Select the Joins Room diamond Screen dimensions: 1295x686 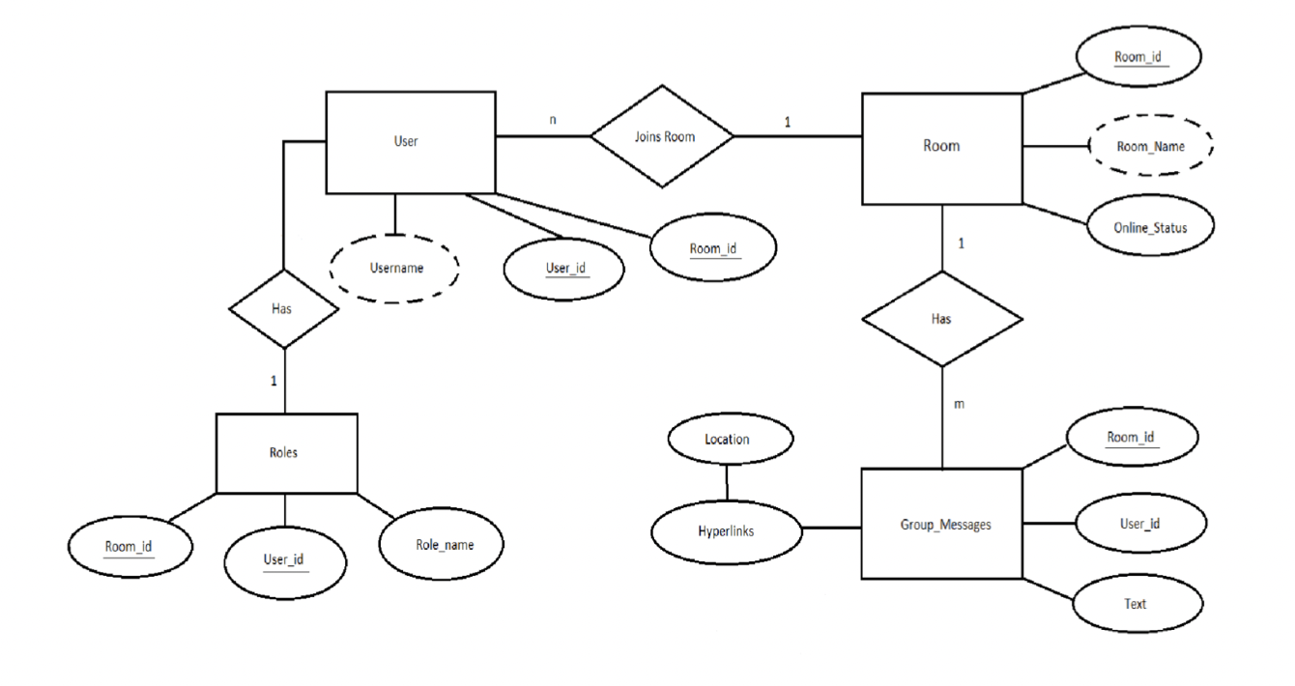coord(662,136)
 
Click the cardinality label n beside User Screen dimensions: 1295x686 coord(553,120)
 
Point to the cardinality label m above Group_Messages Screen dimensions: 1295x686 coord(959,404)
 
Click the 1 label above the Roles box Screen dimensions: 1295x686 coord(273,381)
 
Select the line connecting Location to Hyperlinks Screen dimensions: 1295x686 coord(727,482)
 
